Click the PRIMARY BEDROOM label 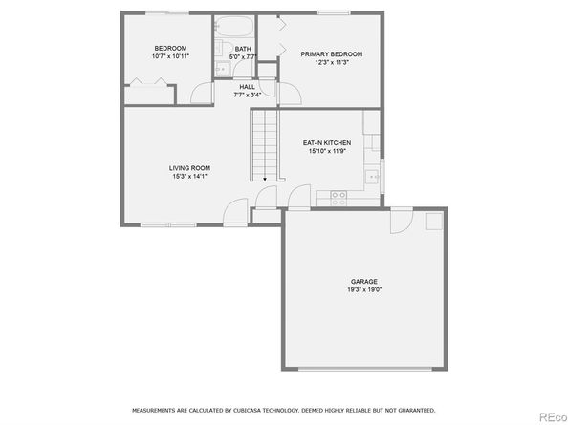(x=332, y=54)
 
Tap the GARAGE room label (x=364, y=282)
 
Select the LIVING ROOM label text (x=189, y=168)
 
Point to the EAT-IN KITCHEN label (x=327, y=143)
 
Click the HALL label (x=247, y=87)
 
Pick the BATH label (x=243, y=49)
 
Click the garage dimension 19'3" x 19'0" (x=364, y=289)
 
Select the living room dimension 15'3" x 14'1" (x=190, y=176)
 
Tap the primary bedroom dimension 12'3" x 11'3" (x=332, y=62)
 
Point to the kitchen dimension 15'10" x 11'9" (x=327, y=151)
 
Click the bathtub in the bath (x=234, y=26)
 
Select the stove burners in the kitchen (x=339, y=199)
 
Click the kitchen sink (x=372, y=177)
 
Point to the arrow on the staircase (x=265, y=179)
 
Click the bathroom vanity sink (x=222, y=69)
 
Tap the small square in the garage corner (x=434, y=221)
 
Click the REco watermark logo (x=553, y=417)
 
